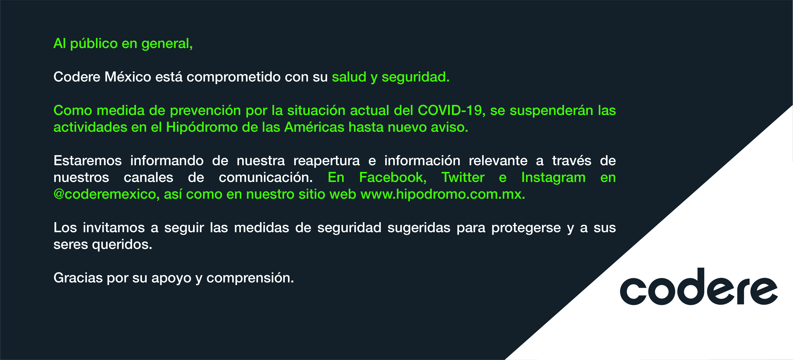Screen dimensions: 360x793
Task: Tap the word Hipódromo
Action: tap(202, 127)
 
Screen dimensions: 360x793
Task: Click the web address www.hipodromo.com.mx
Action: tap(442, 194)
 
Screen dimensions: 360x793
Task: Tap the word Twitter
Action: tap(463, 177)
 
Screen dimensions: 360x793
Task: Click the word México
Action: tap(128, 77)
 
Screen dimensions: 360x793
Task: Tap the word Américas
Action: tap(314, 127)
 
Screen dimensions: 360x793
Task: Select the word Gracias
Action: tap(78, 278)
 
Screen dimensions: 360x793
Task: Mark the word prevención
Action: tap(205, 111)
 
